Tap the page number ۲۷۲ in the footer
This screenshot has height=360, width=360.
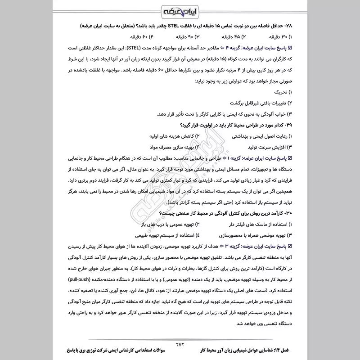point(180,344)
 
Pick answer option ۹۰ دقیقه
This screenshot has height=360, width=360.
point(183,36)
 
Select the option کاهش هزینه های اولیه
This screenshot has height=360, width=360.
point(172,135)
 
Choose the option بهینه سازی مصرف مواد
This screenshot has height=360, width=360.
point(173,147)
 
